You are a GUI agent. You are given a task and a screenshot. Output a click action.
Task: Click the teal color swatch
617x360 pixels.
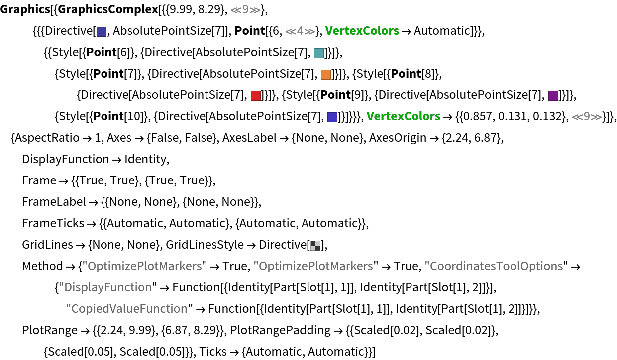319,53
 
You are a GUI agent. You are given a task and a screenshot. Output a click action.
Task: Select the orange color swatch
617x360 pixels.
326,75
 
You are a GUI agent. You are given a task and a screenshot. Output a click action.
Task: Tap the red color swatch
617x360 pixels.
256,96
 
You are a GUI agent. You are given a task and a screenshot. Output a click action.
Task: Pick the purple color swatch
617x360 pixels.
553,96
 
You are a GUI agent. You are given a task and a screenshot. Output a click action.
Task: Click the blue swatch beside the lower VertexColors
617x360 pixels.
332,117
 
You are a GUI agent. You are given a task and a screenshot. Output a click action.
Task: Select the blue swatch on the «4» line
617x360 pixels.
102,32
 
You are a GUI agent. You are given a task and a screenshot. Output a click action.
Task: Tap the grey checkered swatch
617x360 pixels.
315,246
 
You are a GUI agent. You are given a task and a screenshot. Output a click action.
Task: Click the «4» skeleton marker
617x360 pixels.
300,31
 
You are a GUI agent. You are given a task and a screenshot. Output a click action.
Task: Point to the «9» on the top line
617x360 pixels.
245,10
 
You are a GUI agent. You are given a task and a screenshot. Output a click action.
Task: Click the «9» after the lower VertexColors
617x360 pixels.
587,117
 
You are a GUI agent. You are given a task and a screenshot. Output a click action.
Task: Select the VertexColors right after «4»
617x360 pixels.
362,31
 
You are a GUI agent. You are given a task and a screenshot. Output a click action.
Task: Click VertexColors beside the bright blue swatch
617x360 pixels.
404,116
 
